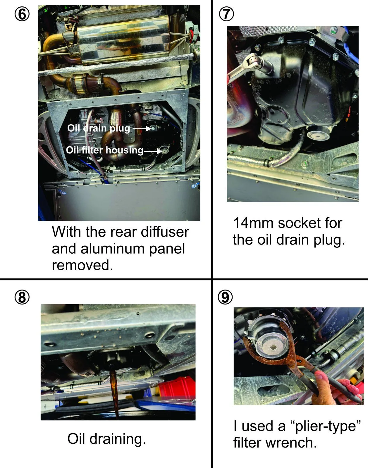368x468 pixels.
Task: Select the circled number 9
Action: pos(225,297)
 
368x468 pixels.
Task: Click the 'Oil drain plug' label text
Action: pos(99,128)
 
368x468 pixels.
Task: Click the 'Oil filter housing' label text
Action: pos(104,150)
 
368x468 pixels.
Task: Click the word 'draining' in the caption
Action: pos(118,439)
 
